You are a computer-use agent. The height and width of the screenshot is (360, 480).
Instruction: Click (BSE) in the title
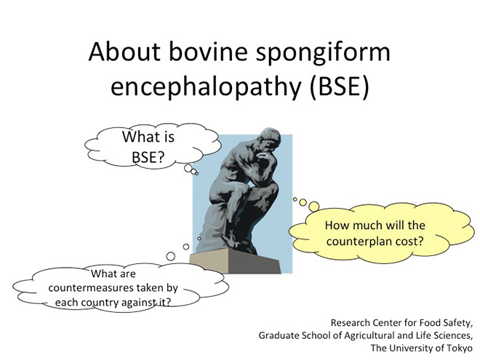[x=340, y=87]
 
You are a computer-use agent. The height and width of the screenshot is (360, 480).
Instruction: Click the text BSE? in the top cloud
[x=148, y=157]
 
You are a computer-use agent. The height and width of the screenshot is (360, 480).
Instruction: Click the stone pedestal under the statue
[x=235, y=260]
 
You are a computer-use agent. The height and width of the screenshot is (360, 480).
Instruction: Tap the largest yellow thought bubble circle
[x=313, y=207]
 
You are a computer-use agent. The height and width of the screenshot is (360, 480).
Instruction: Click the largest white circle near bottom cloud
[x=170, y=256]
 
